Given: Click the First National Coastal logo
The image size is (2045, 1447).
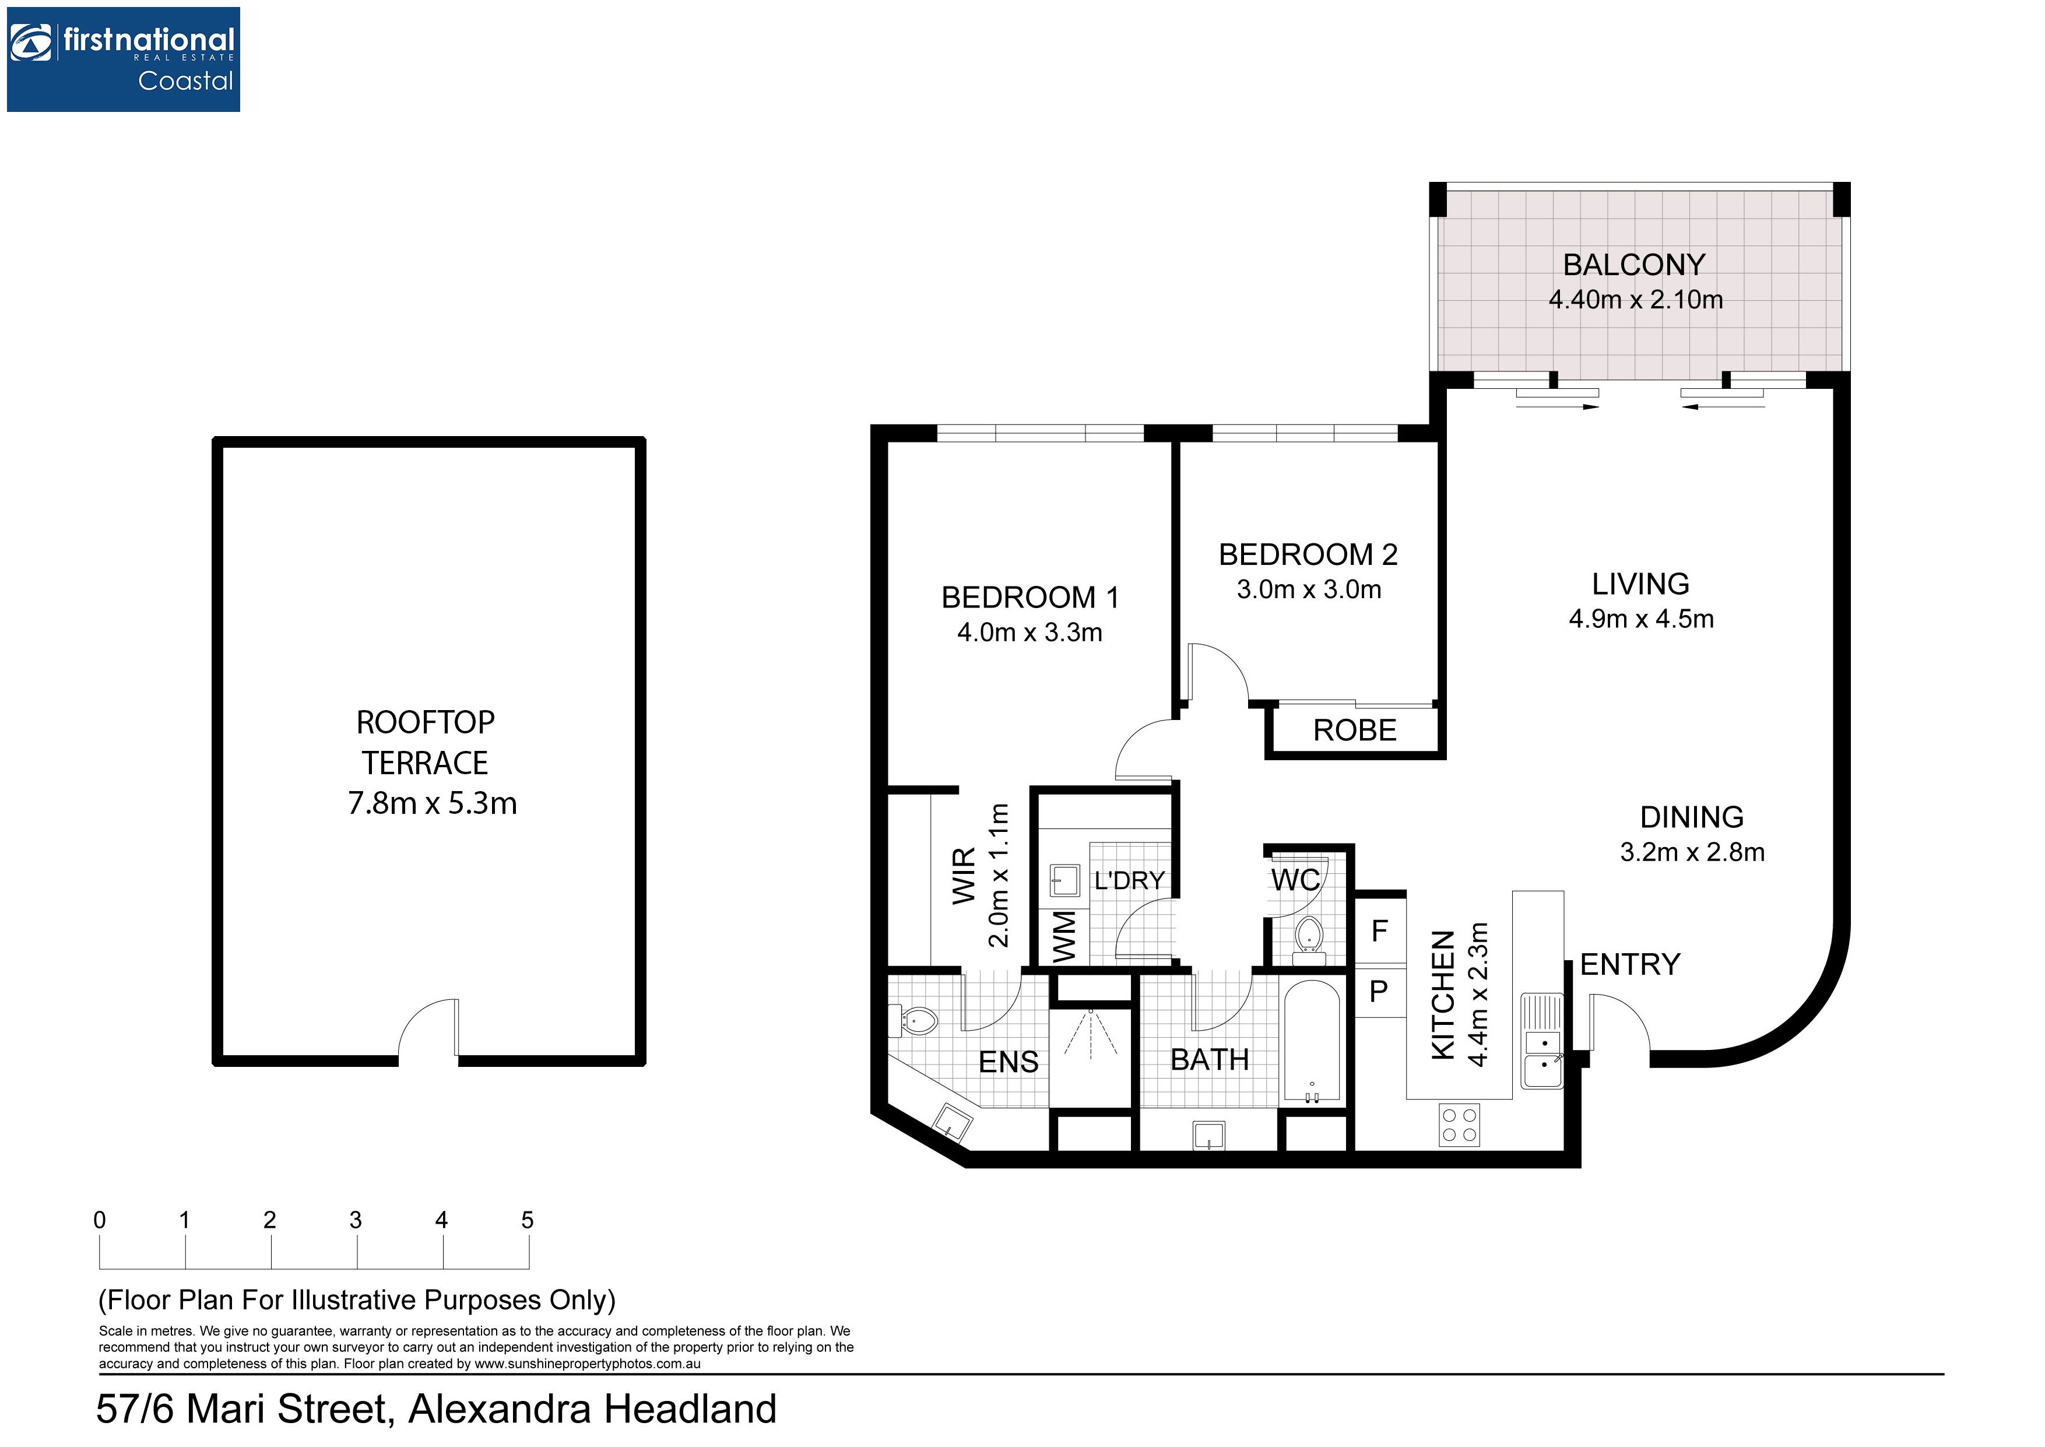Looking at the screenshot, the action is tap(123, 59).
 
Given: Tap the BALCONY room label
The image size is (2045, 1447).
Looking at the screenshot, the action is tap(1635, 265).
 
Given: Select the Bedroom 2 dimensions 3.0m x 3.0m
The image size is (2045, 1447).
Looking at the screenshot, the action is tap(1308, 590).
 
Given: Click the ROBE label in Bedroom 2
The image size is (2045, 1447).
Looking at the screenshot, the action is tap(1355, 730).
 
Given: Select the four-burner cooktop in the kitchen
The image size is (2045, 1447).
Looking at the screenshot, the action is tap(1459, 1125).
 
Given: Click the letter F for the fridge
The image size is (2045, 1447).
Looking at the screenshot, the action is tap(1380, 932).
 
